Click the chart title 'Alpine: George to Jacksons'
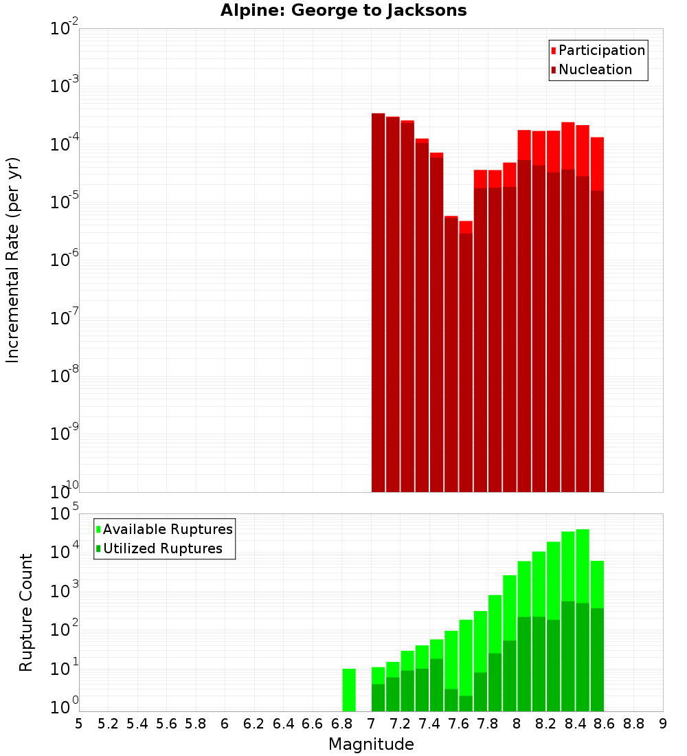click(x=343, y=10)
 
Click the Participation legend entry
click(x=598, y=50)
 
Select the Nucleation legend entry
click(x=591, y=69)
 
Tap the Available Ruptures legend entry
click(x=164, y=529)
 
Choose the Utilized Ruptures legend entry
click(x=159, y=548)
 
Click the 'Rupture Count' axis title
click(x=26, y=612)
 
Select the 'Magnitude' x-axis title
click(x=371, y=744)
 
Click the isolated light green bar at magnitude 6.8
click(x=349, y=689)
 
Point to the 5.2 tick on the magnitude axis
click(x=108, y=724)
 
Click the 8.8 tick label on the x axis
click(x=633, y=724)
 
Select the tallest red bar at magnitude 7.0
click(x=378, y=302)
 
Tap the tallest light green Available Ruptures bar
click(x=583, y=619)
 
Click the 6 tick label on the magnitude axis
click(x=225, y=724)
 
